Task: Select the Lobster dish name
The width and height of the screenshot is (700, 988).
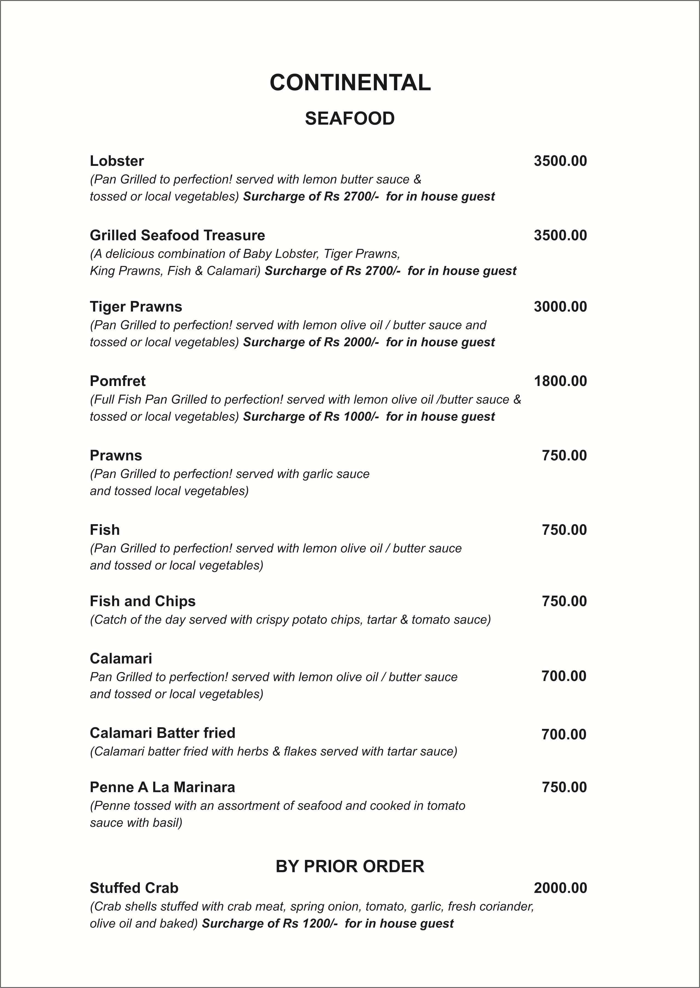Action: pyautogui.click(x=117, y=161)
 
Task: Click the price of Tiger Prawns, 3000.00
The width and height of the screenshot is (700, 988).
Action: pyautogui.click(x=560, y=306)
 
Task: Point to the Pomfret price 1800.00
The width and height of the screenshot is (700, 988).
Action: pyautogui.click(x=560, y=381)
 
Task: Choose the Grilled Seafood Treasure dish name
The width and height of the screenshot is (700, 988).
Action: pyautogui.click(x=177, y=235)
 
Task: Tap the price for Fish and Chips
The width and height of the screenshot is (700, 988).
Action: pyautogui.click(x=564, y=601)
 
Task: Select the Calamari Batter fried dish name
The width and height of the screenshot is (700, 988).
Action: pyautogui.click(x=163, y=733)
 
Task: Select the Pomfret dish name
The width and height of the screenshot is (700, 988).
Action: pyautogui.click(x=118, y=381)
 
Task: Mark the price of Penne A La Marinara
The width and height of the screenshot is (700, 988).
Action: pyautogui.click(x=564, y=787)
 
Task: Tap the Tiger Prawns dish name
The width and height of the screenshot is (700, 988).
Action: pyautogui.click(x=136, y=306)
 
